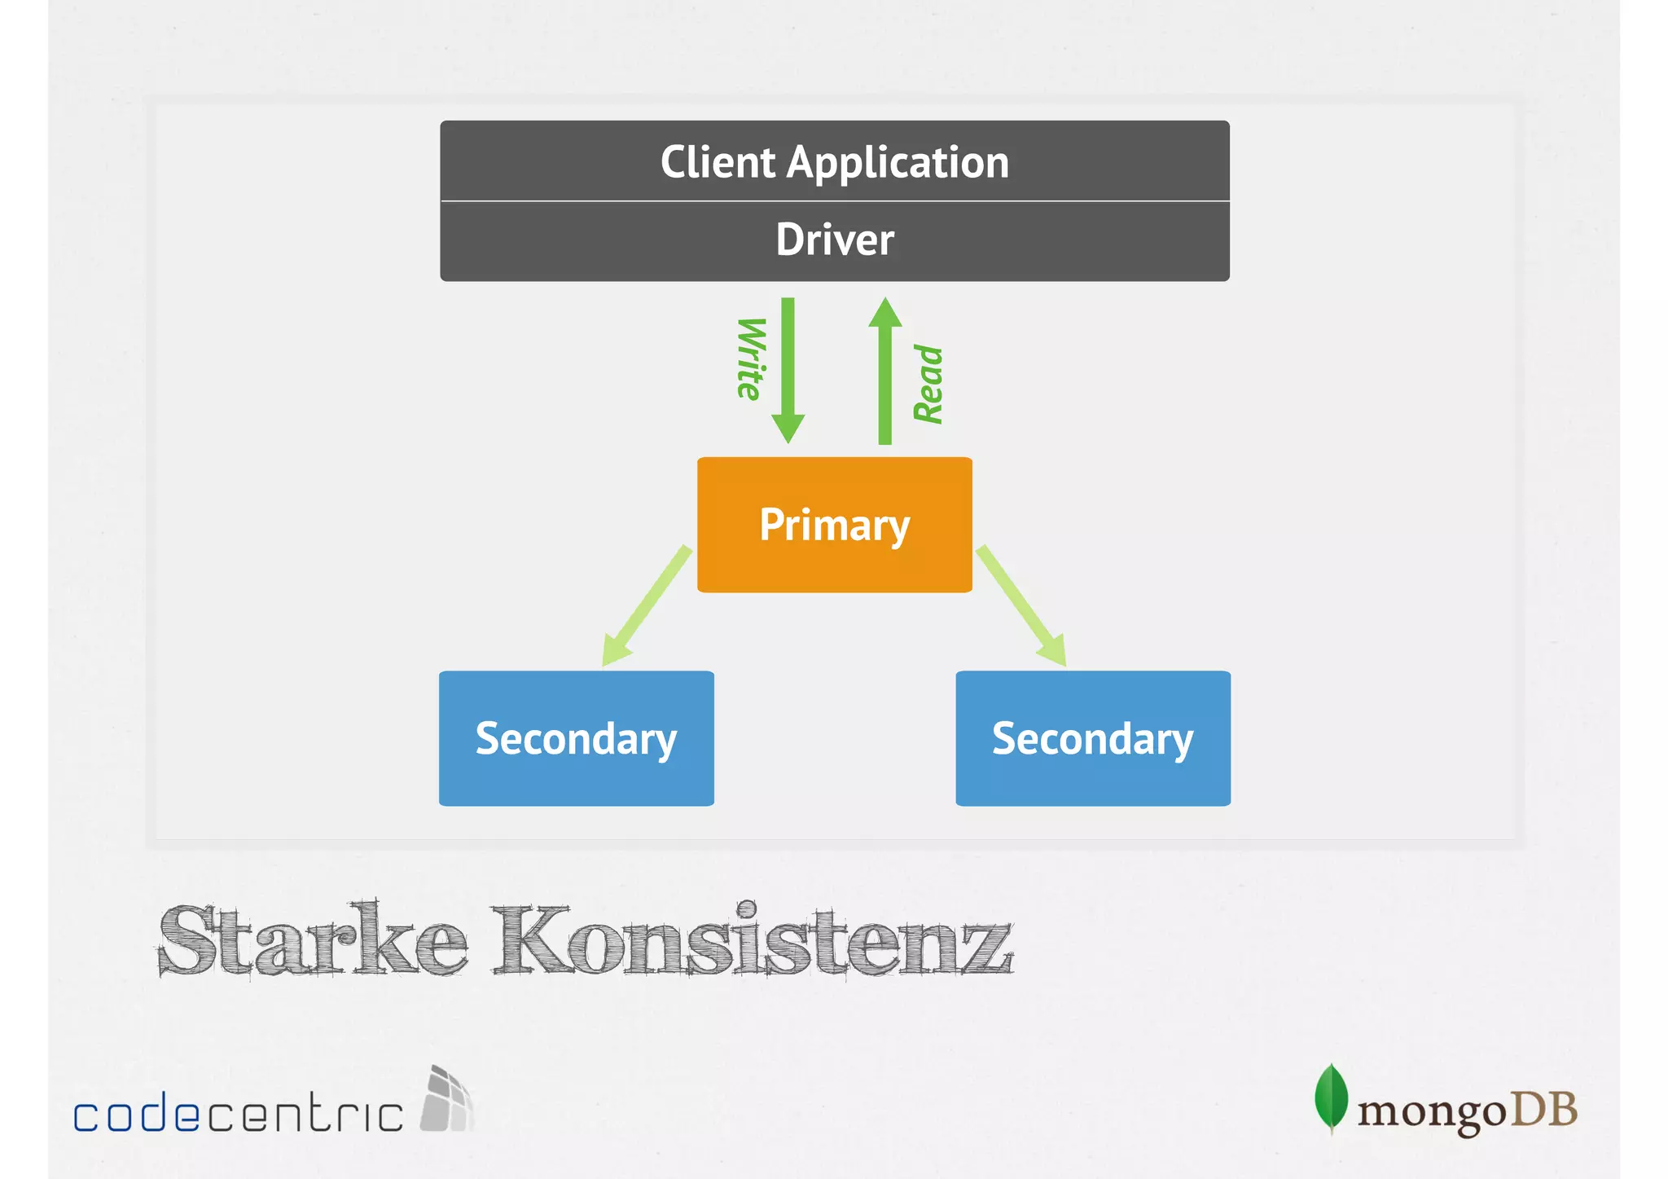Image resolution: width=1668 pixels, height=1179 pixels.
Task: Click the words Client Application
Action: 834,162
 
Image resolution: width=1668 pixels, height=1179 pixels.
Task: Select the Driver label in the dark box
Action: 834,240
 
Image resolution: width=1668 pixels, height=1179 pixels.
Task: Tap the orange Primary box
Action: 834,525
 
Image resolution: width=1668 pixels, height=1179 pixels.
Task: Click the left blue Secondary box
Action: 576,738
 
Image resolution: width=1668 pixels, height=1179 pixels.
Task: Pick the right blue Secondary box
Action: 1092,738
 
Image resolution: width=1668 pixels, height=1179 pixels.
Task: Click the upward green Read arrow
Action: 885,375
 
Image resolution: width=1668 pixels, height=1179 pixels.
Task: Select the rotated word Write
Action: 750,359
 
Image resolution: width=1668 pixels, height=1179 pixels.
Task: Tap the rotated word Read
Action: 928,384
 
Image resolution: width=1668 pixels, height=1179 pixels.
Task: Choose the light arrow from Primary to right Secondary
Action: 1021,606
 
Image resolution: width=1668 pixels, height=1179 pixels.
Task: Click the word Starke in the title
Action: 313,940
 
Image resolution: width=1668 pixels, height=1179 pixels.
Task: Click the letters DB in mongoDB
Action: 1544,1109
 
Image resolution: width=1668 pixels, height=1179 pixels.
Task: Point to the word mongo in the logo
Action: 1432,1112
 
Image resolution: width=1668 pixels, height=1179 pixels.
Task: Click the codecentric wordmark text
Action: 238,1112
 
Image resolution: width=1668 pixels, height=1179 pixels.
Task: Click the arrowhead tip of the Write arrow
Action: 788,440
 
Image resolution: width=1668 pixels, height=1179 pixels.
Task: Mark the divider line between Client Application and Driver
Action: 834,200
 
